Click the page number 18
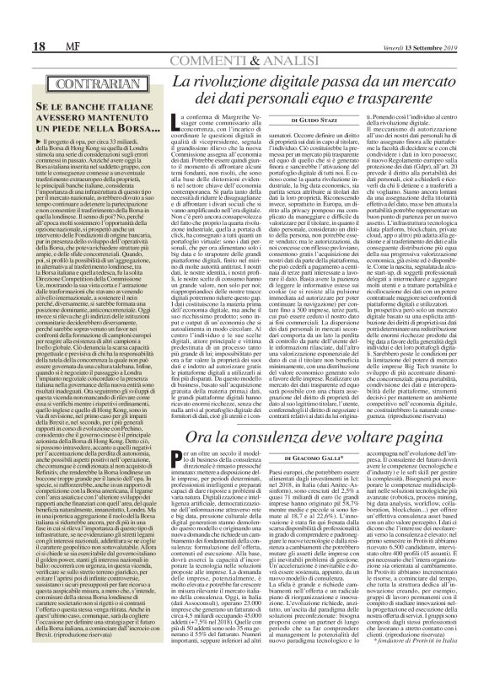click(x=18, y=44)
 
